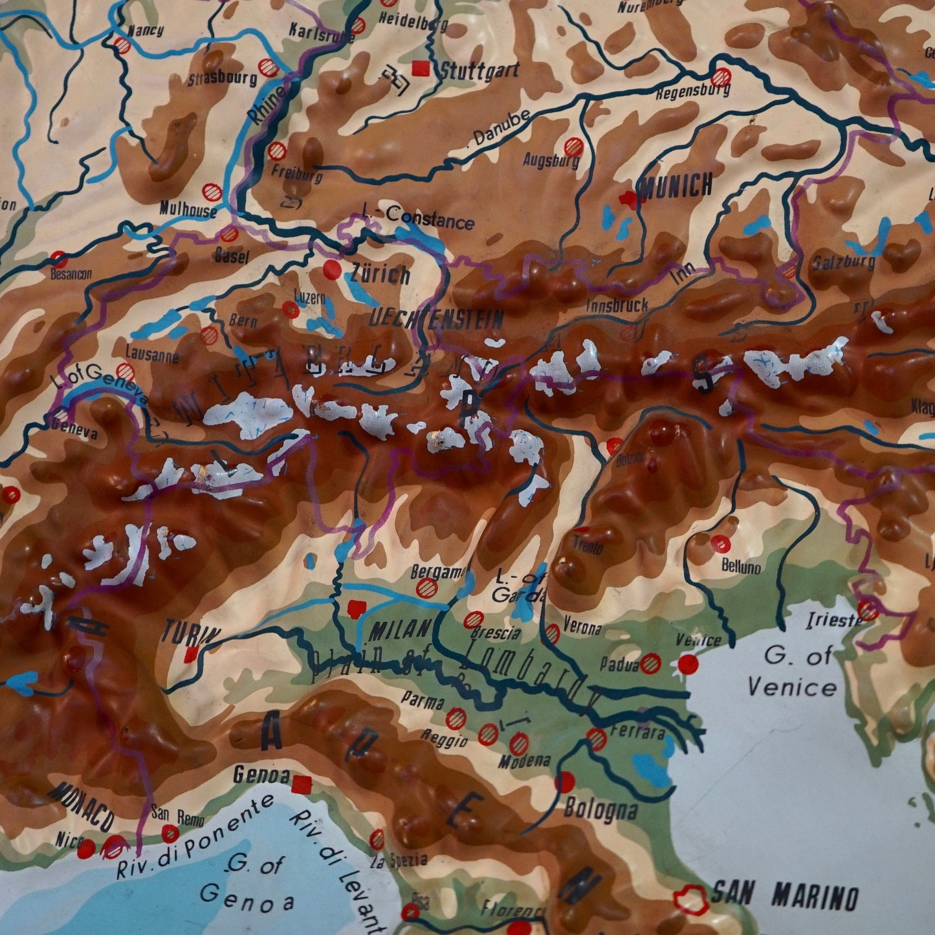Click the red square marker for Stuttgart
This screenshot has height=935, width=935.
click(x=422, y=67)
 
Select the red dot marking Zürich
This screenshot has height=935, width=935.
click(x=332, y=269)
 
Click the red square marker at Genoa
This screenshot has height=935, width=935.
click(x=302, y=785)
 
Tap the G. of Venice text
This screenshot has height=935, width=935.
click(x=791, y=671)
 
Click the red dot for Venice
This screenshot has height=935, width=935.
click(x=688, y=663)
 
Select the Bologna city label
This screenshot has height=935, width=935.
click(x=601, y=809)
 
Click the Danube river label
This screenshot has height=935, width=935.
click(x=501, y=127)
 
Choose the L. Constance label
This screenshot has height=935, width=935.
click(x=419, y=217)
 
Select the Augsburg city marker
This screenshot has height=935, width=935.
click(x=573, y=146)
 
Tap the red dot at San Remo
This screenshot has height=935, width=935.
click(x=170, y=832)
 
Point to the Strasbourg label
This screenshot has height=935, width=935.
click(x=222, y=79)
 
